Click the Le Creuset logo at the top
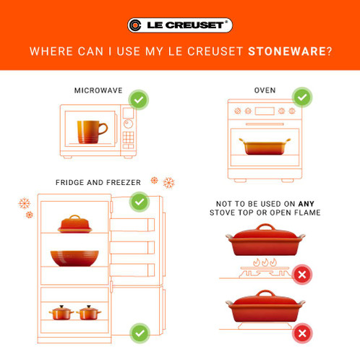[180, 25]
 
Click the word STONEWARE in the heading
[287, 51]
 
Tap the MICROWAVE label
[98, 90]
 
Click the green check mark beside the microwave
[139, 100]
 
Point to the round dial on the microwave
[128, 124]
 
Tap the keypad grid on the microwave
[128, 137]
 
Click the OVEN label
[265, 90]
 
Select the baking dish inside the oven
[265, 146]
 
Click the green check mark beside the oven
[302, 98]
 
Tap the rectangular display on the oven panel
[265, 111]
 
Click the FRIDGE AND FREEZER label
[98, 182]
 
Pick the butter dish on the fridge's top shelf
[75, 224]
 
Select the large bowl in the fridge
[74, 258]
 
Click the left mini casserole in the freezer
[61, 312]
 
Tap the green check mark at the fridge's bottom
[140, 333]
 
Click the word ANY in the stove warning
[306, 204]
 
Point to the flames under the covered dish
[265, 262]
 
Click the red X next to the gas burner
[302, 275]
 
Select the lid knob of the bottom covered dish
[265, 293]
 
